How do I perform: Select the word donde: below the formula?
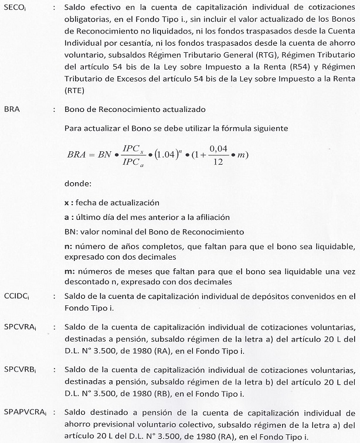(x=79, y=184)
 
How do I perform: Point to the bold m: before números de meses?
(x=70, y=271)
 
